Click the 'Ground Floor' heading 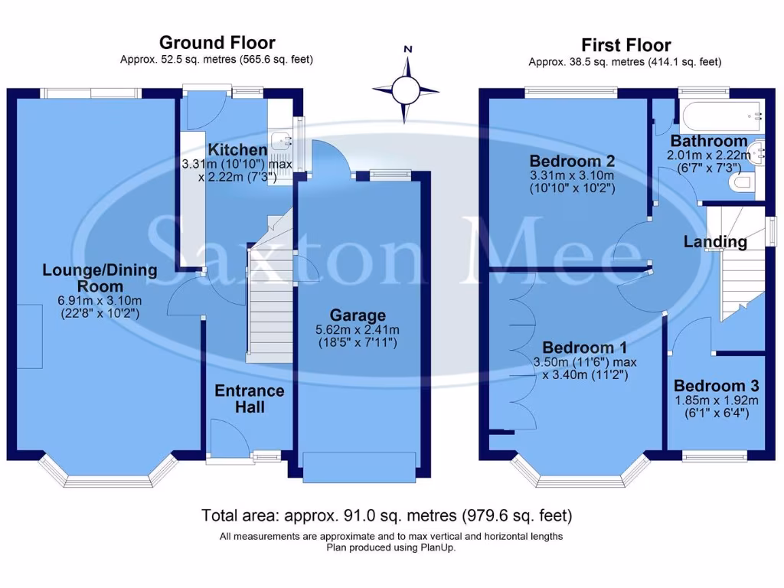coord(217,43)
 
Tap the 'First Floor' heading coord(626,45)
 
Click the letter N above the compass coord(408,49)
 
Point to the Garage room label coord(358,315)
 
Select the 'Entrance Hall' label coord(249,398)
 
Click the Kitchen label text coord(237,150)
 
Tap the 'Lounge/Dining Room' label coord(100,277)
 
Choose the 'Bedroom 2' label coord(573,162)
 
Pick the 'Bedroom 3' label coord(716,386)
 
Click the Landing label coord(715,242)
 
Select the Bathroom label coord(709,141)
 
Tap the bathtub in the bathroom coord(720,116)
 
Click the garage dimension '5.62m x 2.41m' coord(358,330)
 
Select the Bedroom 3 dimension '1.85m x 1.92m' coord(716,400)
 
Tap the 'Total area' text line coord(386,515)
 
